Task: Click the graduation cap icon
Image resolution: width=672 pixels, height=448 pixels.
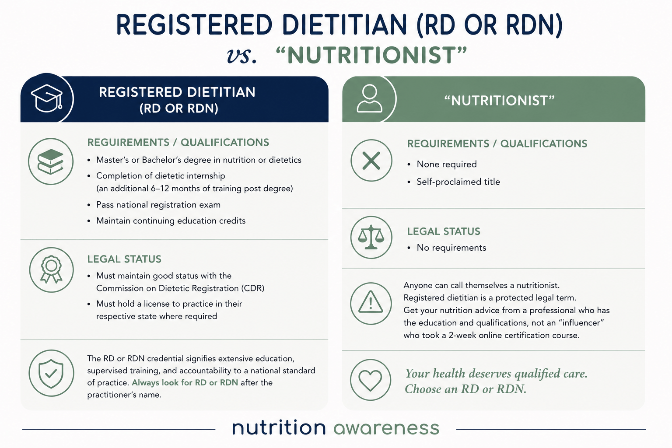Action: (47, 98)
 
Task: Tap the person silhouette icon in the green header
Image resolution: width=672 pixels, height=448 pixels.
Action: (370, 98)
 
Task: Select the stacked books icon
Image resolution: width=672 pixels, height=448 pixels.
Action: (50, 161)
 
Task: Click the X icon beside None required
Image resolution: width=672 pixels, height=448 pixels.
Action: (371, 161)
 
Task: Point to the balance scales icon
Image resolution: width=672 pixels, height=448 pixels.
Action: (371, 238)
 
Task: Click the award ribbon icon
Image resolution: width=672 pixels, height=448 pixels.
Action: (51, 269)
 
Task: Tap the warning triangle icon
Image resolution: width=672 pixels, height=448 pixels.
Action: (371, 302)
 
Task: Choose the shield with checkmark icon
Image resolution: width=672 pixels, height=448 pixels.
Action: (51, 374)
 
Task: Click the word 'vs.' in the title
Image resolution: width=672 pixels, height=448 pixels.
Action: (242, 56)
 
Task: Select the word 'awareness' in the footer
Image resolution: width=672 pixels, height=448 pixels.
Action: (386, 428)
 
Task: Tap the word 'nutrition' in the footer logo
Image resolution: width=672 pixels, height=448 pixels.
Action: (279, 427)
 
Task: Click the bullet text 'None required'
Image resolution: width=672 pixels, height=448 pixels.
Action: (446, 164)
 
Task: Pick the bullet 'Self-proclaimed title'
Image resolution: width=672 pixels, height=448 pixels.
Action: (458, 182)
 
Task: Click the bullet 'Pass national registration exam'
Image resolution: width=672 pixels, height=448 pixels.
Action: (158, 205)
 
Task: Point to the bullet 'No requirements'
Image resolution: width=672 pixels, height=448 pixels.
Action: (451, 248)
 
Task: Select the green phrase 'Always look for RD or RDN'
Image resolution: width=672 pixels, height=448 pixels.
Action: (185, 382)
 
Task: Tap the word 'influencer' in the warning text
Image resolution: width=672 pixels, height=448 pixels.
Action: (581, 322)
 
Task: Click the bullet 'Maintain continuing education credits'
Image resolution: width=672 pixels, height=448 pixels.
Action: (171, 221)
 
